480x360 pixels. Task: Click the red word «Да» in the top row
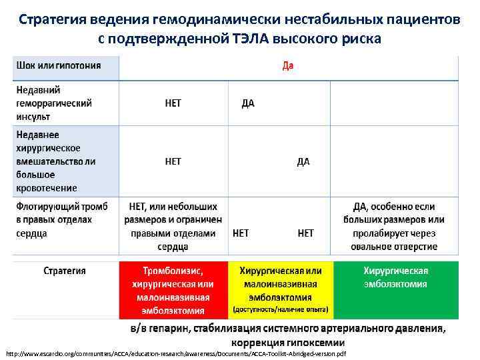click(x=288, y=66)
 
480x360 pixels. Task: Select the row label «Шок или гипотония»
click(x=59, y=65)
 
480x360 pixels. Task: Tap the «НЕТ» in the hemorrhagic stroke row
click(x=173, y=103)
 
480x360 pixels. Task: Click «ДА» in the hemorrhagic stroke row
click(x=247, y=103)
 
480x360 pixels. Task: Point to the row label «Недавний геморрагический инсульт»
click(x=54, y=103)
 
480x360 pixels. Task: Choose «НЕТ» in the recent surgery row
click(x=173, y=161)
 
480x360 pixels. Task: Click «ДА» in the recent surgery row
click(x=303, y=161)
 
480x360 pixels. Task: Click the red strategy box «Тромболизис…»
click(x=173, y=290)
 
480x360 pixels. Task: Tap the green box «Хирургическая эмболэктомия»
click(x=396, y=277)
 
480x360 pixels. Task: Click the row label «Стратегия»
click(x=65, y=271)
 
